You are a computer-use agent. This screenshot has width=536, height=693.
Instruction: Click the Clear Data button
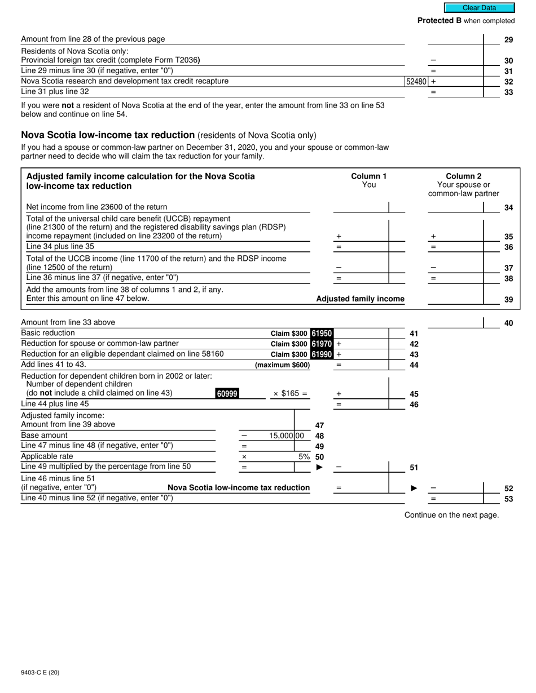(479, 8)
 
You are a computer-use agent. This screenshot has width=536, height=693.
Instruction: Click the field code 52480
(416, 81)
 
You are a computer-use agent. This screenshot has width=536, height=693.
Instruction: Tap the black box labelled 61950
(322, 334)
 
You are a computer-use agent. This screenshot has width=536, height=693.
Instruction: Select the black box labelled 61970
(322, 344)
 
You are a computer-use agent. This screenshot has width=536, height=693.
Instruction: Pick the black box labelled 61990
(322, 354)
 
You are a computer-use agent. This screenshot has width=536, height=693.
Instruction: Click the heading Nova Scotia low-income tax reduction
(108, 135)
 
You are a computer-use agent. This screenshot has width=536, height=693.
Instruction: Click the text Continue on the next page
(451, 514)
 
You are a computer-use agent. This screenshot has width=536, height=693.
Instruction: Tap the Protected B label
(440, 21)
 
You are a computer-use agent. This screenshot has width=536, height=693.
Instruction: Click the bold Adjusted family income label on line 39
(360, 299)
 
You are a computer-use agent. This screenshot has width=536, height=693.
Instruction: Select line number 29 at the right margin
(508, 40)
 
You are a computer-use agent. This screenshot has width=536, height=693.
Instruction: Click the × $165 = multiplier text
(290, 393)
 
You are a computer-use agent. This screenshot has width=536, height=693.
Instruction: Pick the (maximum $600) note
(282, 365)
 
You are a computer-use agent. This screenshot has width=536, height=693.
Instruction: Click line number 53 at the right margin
(508, 499)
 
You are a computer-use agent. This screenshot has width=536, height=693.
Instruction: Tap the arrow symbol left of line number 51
(319, 467)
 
